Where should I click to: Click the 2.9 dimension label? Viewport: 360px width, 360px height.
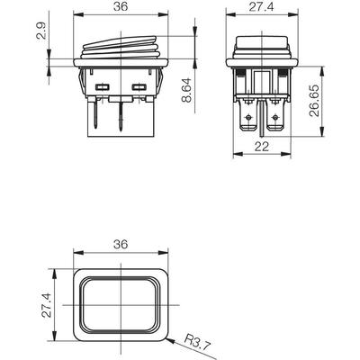pyautogui.click(x=42, y=31)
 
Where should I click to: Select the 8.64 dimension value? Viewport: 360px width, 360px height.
pyautogui.click(x=186, y=90)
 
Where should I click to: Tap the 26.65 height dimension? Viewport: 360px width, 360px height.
pyautogui.click(x=314, y=101)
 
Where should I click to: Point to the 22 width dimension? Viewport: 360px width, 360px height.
pyautogui.click(x=262, y=147)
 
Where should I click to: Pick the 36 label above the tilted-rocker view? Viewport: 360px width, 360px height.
pyautogui.click(x=121, y=7)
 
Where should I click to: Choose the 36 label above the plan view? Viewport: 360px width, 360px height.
pyautogui.click(x=121, y=244)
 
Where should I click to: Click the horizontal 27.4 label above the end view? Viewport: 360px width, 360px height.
pyautogui.click(x=261, y=7)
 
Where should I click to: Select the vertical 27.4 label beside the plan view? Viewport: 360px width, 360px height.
pyautogui.click(x=47, y=305)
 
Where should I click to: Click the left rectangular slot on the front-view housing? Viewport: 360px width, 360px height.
pyautogui.click(x=102, y=87)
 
